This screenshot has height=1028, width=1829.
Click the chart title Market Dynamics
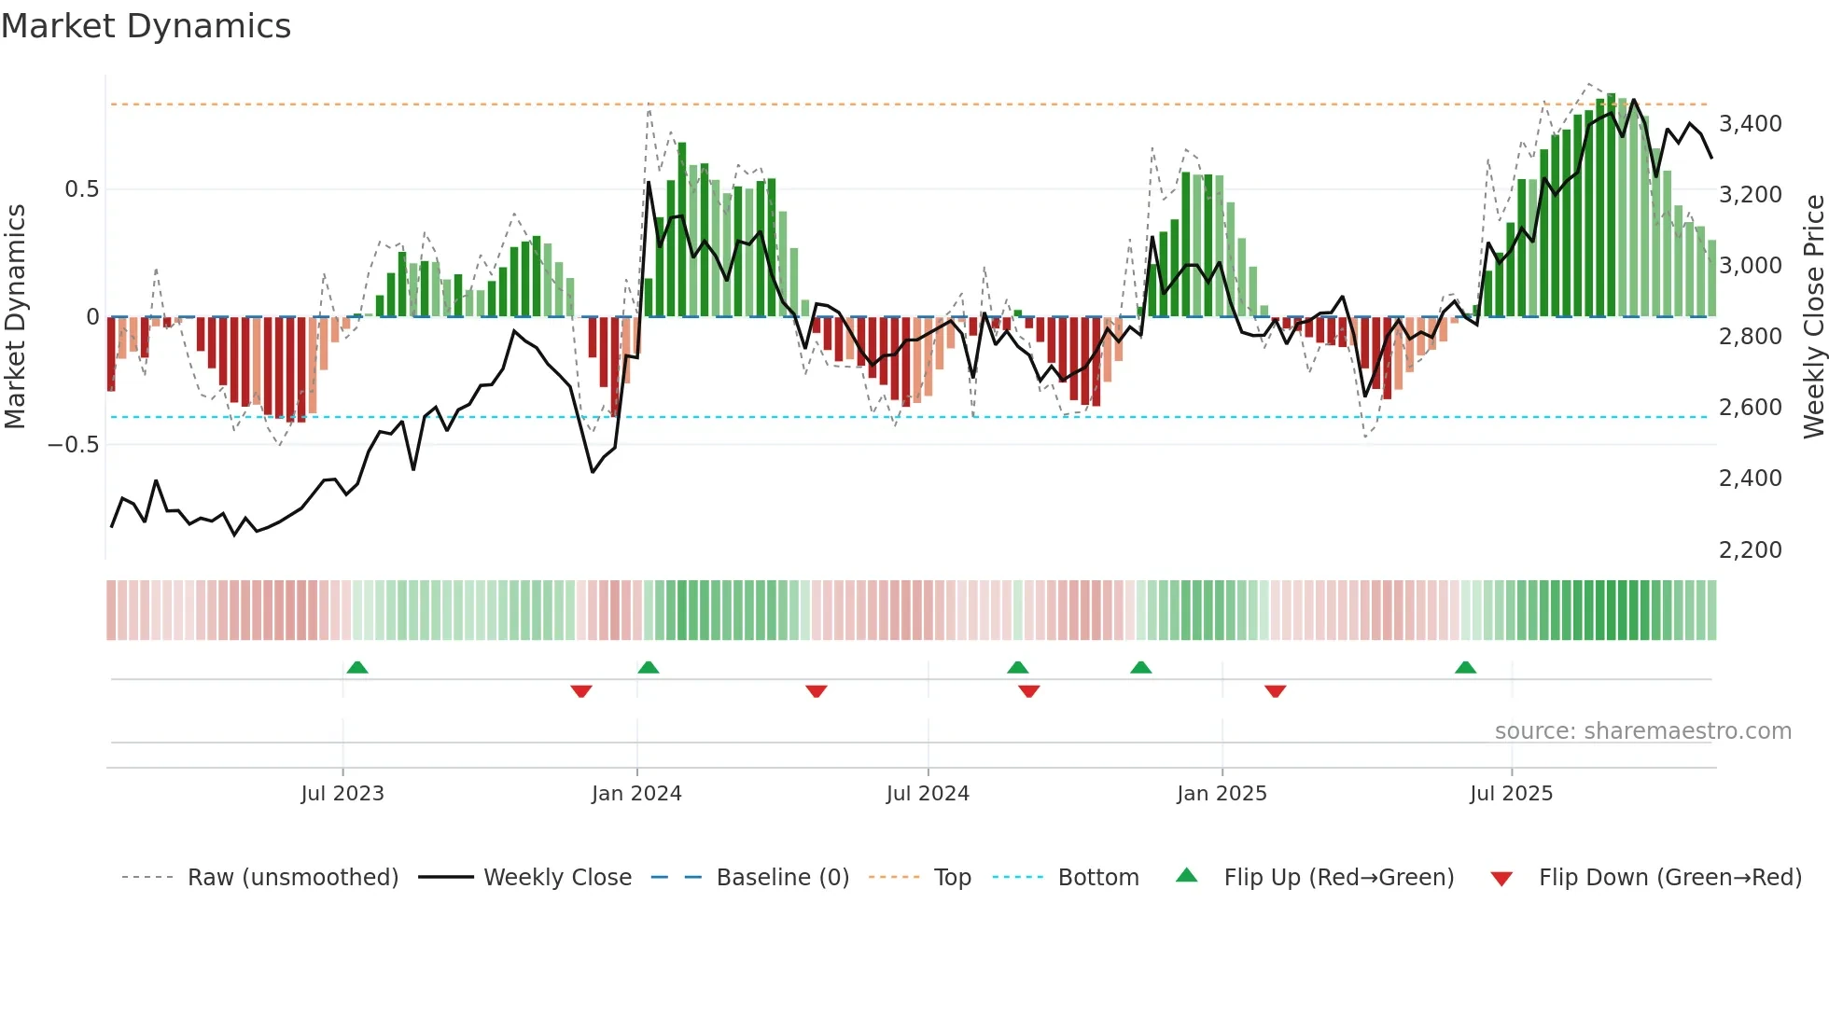(x=146, y=26)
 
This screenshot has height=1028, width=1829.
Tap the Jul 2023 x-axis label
(x=342, y=794)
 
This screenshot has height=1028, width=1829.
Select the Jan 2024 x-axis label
(x=636, y=794)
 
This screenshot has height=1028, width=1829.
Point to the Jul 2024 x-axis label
(x=928, y=794)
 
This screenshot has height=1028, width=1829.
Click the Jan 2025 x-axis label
(x=1222, y=794)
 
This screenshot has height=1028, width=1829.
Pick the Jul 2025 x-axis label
(x=1511, y=794)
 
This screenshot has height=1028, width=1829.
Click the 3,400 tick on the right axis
(x=1751, y=124)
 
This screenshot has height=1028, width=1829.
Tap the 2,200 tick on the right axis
(x=1751, y=550)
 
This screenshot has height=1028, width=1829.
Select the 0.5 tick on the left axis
(x=81, y=189)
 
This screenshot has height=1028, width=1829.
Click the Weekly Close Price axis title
(x=1813, y=316)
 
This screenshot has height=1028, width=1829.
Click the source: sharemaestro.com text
(x=1642, y=731)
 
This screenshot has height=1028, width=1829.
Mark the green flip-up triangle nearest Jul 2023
(x=357, y=668)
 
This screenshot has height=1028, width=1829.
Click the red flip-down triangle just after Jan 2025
(x=1276, y=691)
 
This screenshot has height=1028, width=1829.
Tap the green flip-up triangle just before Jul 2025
(x=1465, y=668)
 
